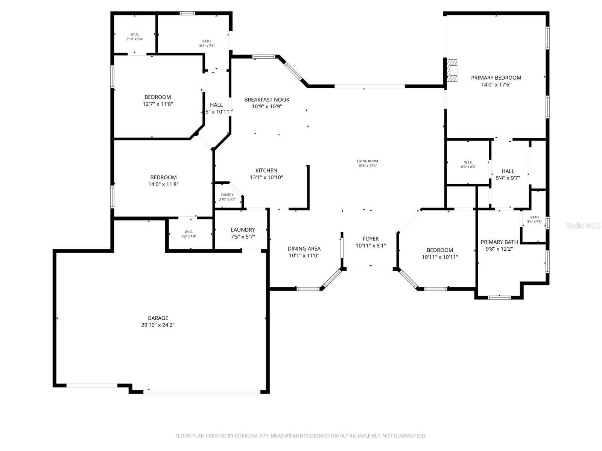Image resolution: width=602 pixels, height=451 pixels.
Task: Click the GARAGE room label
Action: tap(158, 318)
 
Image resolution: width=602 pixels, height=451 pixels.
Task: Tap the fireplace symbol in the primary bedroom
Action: tap(452, 70)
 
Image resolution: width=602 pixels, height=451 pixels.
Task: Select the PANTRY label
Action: tap(227, 195)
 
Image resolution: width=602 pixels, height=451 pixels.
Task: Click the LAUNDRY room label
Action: tap(243, 230)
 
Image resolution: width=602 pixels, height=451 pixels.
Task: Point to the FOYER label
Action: tap(371, 239)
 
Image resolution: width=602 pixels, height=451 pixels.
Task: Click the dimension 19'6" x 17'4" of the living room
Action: tap(367, 166)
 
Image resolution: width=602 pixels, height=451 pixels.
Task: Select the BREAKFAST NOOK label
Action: tap(267, 100)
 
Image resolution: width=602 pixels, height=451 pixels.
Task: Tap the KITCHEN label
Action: tap(266, 170)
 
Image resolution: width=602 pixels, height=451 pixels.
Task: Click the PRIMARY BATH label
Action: tap(499, 242)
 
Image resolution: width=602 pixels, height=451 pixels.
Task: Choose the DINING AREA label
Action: tap(304, 248)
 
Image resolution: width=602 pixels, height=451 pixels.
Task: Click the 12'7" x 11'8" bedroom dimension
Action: tap(158, 104)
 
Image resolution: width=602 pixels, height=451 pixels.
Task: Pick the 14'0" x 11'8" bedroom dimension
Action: tap(163, 185)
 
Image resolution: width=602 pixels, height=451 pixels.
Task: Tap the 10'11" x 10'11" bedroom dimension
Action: tap(439, 257)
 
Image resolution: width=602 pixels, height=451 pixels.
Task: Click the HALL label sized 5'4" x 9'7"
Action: tap(508, 171)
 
